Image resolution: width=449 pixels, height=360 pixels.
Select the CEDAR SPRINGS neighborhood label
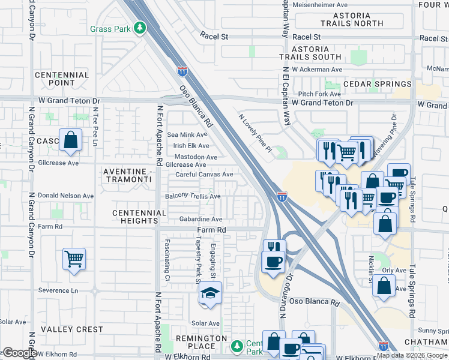coord(377,84)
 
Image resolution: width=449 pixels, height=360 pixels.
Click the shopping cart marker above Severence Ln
coord(74,259)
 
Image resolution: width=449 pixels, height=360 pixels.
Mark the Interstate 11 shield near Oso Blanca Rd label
coord(182,71)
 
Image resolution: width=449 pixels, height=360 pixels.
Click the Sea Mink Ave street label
coord(188,135)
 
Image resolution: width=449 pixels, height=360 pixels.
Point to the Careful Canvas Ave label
coord(204,175)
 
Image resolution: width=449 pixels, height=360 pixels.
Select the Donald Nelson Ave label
coord(65,196)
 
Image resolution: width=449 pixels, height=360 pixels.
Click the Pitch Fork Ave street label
coord(319,94)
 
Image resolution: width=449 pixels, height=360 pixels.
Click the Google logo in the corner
coord(19,353)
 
